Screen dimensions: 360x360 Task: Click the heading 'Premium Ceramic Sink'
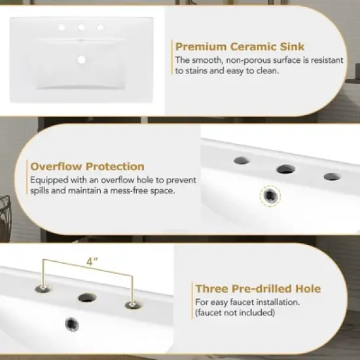coord(240,46)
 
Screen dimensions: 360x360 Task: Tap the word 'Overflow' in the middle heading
coord(56,166)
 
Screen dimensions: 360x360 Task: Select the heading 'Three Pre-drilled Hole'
coord(258,289)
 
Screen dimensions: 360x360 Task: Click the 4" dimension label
coord(92,261)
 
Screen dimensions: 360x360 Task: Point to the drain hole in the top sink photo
coord(81,60)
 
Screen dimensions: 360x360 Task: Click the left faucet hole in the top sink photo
coord(62,27)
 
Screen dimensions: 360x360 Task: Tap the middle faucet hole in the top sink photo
coord(81,27)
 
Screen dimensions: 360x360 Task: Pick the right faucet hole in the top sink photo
coord(100,27)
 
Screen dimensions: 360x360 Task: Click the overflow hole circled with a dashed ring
coord(270,196)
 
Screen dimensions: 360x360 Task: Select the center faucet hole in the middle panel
coord(286,170)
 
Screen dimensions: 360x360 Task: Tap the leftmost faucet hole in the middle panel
coord(242,160)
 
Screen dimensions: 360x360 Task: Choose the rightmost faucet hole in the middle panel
coord(333,177)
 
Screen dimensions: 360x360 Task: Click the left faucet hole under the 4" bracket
coord(43,289)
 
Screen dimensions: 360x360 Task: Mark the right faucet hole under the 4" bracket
coord(134,305)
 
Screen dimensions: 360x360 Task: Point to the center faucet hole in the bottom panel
coord(87,298)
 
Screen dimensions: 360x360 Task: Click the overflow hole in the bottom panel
coord(72,324)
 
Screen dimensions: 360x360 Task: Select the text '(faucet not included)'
coord(235,312)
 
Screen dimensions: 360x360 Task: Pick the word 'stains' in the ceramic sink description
coord(196,71)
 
